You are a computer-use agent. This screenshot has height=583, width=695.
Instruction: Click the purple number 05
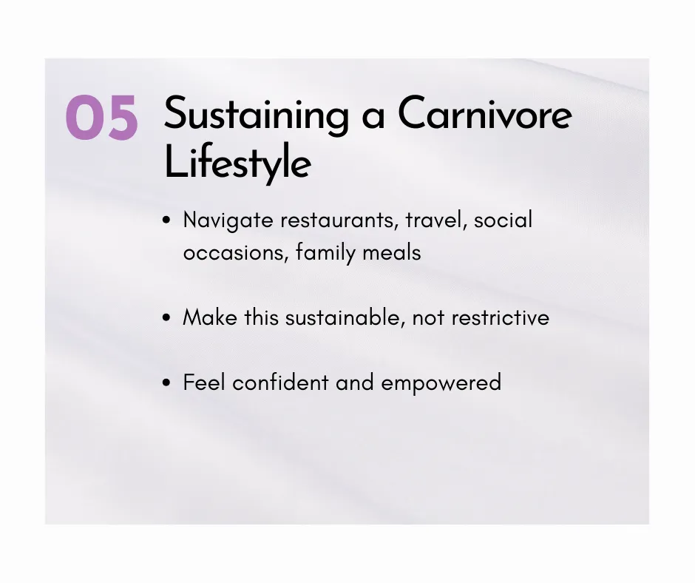pos(102,118)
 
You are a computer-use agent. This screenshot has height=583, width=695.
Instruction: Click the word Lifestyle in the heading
pos(237,163)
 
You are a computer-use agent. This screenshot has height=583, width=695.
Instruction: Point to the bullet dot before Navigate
pos(166,220)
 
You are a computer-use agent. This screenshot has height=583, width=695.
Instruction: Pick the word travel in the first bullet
pos(436,220)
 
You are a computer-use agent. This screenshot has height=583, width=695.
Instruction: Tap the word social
pos(503,220)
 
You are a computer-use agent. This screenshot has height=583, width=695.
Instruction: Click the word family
pos(325,253)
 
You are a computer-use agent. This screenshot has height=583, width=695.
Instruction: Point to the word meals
pos(392,252)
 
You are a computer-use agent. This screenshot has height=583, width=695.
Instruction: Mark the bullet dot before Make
pos(166,317)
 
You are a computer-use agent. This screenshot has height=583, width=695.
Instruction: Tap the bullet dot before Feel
pos(166,383)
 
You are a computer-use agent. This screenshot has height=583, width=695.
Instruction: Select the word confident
pos(280,383)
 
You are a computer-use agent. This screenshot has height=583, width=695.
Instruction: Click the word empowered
pos(441,383)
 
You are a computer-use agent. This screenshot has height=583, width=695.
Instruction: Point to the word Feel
pos(204,383)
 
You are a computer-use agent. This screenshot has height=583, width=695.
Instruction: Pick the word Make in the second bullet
pos(210,317)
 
